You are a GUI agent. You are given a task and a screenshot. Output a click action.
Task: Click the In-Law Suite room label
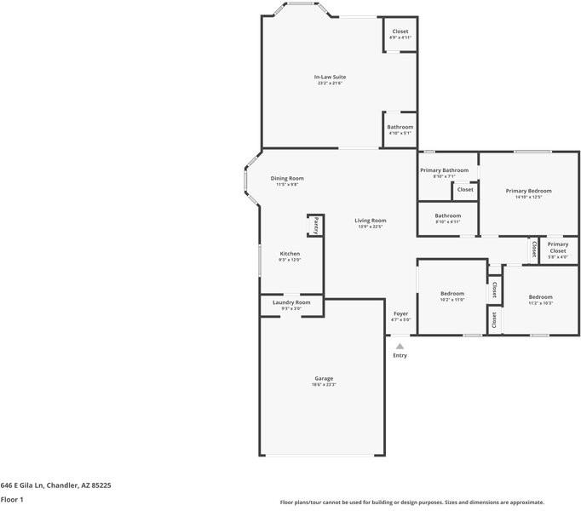[x=331, y=78]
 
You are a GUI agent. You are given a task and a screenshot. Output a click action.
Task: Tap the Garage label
[x=324, y=378]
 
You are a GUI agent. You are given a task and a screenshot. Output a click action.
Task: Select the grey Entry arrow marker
[x=400, y=346]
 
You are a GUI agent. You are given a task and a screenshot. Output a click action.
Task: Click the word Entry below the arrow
[x=400, y=355]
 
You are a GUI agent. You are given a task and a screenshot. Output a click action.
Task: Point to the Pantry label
[x=315, y=226]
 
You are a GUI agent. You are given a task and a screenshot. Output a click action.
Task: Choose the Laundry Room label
[x=291, y=302]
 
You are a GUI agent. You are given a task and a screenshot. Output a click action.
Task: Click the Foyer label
[x=400, y=313]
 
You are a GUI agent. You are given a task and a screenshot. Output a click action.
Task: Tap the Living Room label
[x=371, y=221]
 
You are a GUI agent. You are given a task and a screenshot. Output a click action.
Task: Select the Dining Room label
[x=287, y=178]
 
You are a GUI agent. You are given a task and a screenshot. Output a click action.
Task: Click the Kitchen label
[x=290, y=253]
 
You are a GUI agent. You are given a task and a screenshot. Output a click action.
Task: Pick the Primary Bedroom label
[x=528, y=191]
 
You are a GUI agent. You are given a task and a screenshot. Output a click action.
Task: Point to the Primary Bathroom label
[x=444, y=170]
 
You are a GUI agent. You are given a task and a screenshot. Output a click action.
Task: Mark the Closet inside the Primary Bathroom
[x=465, y=190]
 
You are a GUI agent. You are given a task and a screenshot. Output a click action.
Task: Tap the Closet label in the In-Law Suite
[x=400, y=32]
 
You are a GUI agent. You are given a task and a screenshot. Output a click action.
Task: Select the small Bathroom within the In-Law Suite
[x=400, y=127]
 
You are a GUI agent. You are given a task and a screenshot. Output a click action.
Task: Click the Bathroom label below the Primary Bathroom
[x=447, y=215]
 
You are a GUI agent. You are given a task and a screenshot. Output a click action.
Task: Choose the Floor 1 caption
[x=12, y=500]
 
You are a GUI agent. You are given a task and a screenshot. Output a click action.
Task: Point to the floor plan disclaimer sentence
[x=411, y=502]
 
